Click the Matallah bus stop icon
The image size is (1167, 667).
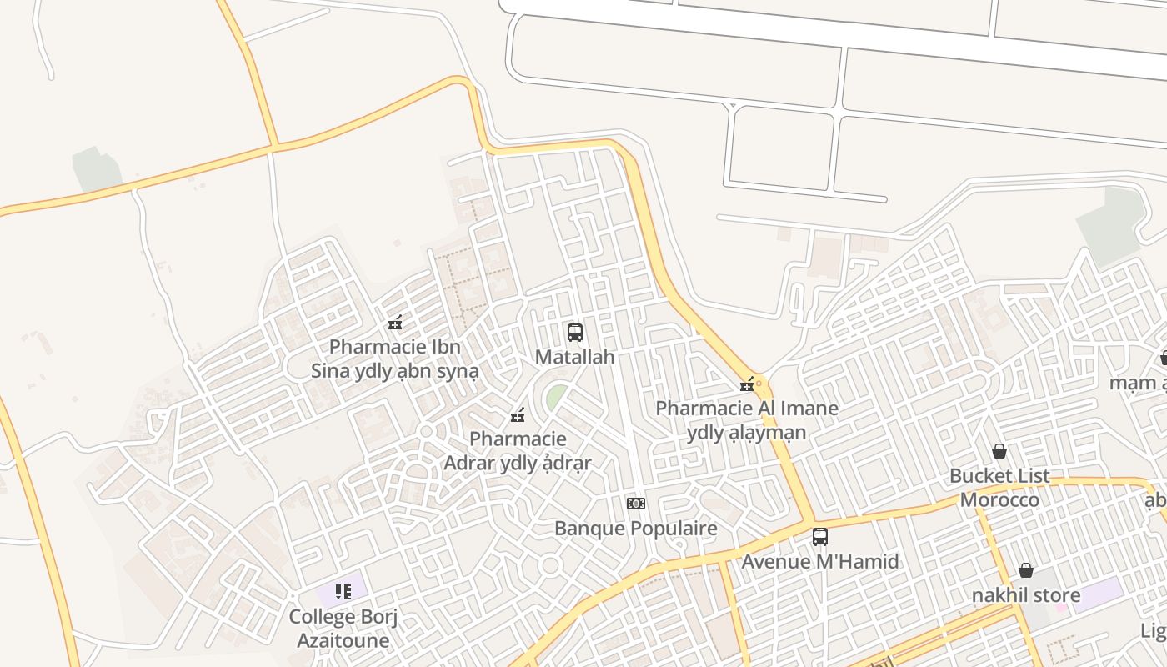coord(574,333)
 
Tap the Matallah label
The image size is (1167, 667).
coord(574,357)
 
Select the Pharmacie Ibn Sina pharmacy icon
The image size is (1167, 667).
coord(395,323)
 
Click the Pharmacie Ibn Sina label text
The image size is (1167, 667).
coord(395,359)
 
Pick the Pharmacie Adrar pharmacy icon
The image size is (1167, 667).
coord(518,414)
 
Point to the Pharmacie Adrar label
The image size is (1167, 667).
coord(518,451)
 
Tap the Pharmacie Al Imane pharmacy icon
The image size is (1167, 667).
coord(747,384)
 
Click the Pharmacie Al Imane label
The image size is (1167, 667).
coord(747,420)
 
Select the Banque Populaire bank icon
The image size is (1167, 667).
coord(636,504)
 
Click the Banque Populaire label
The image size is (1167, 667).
coord(636,529)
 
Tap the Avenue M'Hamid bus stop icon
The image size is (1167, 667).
coord(820,537)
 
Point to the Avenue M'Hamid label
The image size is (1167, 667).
coord(820,562)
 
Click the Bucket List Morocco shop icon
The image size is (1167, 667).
coord(999,451)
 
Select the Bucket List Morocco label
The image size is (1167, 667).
coord(999,488)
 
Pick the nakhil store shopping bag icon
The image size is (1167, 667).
coord(1026,570)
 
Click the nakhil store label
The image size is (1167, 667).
coord(1026,595)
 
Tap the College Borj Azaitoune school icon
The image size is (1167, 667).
coord(343,592)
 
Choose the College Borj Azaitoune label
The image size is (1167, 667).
coord(343,629)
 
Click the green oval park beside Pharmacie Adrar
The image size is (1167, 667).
coord(556,396)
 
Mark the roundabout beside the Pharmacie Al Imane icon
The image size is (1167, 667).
coord(759,384)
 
